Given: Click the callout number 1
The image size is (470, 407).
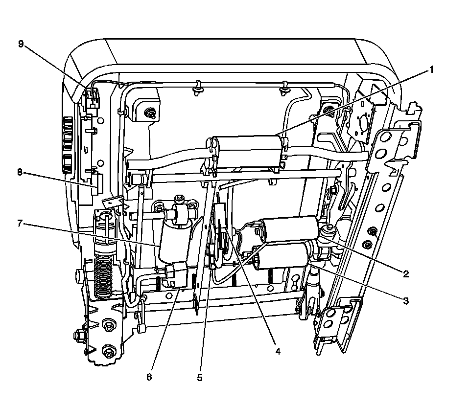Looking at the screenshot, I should [431, 70].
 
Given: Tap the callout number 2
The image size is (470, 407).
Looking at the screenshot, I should [406, 274].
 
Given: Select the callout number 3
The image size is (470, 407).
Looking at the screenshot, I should [406, 301].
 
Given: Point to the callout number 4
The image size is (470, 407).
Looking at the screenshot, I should [277, 351].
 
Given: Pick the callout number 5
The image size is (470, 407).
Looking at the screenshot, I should [200, 377].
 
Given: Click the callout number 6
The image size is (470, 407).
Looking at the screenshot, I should [149, 377].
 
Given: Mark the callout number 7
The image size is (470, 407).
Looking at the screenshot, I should [20, 224].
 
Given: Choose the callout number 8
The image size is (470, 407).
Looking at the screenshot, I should [20, 172].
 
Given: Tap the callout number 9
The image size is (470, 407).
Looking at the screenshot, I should [21, 44].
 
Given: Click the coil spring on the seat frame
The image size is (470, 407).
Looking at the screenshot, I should [103, 274].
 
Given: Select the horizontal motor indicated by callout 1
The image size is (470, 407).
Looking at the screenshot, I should [247, 152].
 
